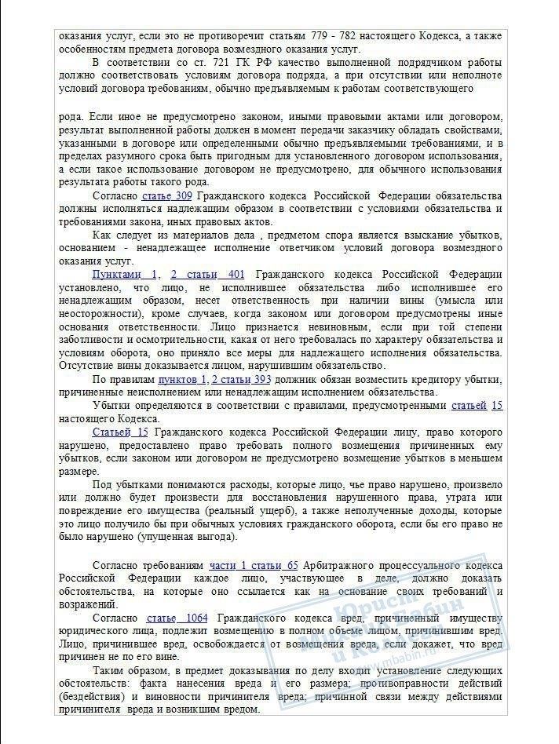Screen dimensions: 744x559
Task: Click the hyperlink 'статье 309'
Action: (167, 195)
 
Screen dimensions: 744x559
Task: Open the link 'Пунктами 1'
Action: (126, 274)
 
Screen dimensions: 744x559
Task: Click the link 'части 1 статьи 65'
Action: (254, 565)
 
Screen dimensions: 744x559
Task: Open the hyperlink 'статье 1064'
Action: (177, 618)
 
